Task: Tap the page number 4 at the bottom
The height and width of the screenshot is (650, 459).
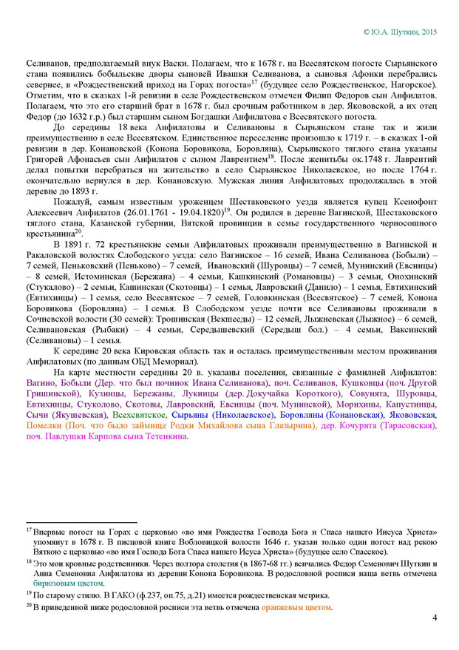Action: point(435,618)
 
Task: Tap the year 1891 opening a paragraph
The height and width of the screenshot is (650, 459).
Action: point(81,243)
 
